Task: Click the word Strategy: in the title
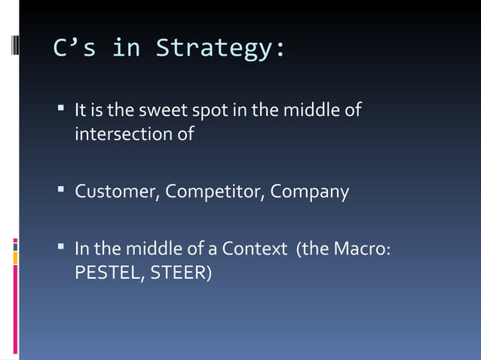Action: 221,49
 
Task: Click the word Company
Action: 309,191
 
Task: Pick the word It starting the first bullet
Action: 81,111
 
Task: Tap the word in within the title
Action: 126,49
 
